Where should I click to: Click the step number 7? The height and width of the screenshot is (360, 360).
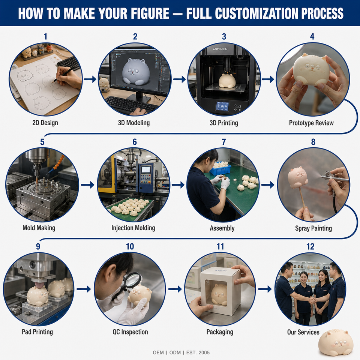[x=223, y=142]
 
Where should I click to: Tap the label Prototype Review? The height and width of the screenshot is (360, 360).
[x=311, y=123]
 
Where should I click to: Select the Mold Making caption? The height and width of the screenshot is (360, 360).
[x=39, y=228]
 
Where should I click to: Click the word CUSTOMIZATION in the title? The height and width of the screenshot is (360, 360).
[x=256, y=13]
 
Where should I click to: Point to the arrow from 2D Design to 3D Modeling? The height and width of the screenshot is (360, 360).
[x=90, y=79]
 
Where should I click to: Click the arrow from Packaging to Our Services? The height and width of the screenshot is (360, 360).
[x=265, y=289]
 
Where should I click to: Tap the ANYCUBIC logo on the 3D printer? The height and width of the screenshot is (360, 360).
[x=220, y=49]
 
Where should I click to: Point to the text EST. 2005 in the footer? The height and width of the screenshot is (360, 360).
[x=198, y=352]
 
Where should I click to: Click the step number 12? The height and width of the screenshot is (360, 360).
[x=310, y=247]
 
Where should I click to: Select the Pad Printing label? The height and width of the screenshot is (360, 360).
[x=37, y=332]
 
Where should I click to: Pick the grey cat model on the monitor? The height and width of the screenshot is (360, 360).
[x=136, y=72]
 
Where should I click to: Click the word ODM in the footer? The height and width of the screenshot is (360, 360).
[x=175, y=352]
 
